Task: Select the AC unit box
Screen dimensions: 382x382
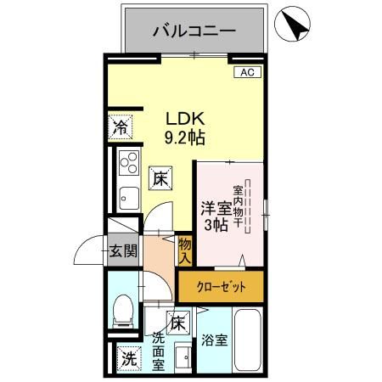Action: point(246,73)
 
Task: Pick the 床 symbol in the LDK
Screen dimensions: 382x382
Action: point(160,178)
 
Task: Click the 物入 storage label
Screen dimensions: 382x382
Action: point(186,250)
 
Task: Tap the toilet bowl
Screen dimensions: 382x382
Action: point(124,310)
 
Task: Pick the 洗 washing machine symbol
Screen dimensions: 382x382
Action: point(127,359)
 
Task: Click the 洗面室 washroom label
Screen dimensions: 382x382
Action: point(159,350)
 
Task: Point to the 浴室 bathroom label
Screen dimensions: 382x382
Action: point(216,341)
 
